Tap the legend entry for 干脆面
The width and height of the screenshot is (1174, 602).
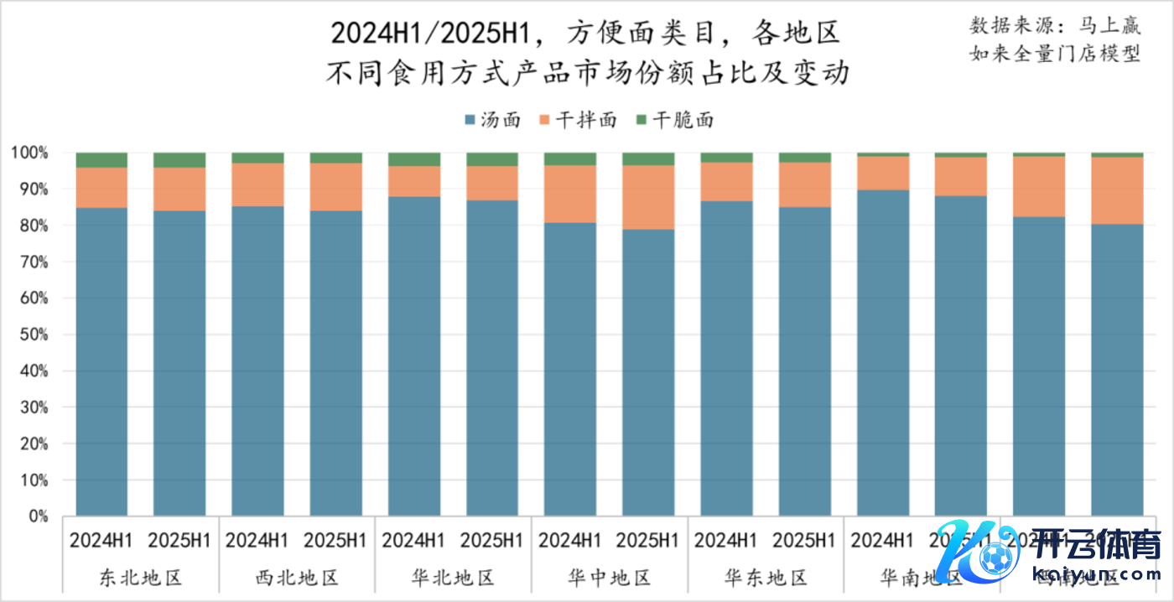pos(675,120)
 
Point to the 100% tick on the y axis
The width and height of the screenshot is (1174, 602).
pos(30,153)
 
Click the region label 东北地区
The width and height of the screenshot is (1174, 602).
pos(141,578)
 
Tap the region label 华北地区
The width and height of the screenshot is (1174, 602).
pos(454,578)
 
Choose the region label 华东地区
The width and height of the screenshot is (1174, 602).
pos(766,578)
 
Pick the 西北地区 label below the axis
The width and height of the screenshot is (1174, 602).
pos(297,578)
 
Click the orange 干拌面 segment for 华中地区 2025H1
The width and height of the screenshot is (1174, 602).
pos(648,197)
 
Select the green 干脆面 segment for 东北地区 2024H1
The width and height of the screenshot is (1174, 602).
pos(101,160)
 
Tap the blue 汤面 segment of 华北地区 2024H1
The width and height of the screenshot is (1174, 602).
pos(414,356)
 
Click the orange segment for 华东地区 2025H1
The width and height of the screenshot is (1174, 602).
pos(805,184)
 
